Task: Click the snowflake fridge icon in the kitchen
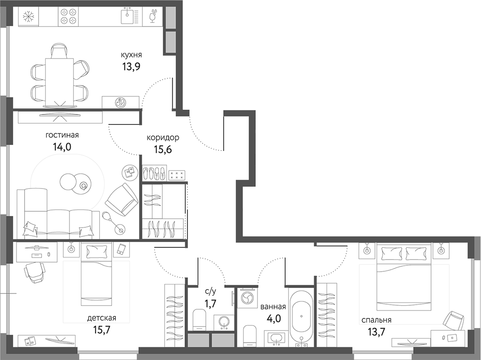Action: coord(29,17)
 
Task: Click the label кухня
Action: coord(130,55)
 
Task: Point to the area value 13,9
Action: coord(130,66)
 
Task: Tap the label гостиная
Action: coord(62,135)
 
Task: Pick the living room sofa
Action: coord(57,215)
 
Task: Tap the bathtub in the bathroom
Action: coord(301,316)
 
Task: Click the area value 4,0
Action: coord(273,318)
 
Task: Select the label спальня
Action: coord(376,320)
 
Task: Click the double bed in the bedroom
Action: coord(404,277)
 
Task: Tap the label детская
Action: coord(101,318)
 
